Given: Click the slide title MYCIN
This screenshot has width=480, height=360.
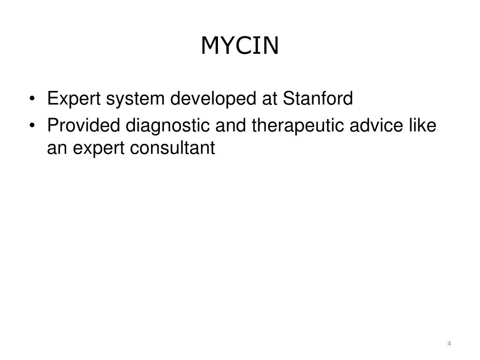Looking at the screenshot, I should tap(240, 45).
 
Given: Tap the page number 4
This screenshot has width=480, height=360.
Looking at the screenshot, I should tap(449, 344).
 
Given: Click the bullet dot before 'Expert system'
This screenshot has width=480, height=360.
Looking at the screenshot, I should tap(32, 99).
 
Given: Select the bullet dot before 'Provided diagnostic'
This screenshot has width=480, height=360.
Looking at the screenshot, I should tap(32, 126).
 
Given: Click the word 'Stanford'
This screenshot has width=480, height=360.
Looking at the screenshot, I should tap(318, 99).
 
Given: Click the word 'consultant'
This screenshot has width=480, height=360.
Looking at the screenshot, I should tap(172, 148).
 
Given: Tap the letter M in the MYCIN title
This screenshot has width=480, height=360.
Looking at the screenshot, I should tap(210, 45).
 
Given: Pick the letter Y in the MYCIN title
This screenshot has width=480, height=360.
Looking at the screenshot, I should tap(227, 45).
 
